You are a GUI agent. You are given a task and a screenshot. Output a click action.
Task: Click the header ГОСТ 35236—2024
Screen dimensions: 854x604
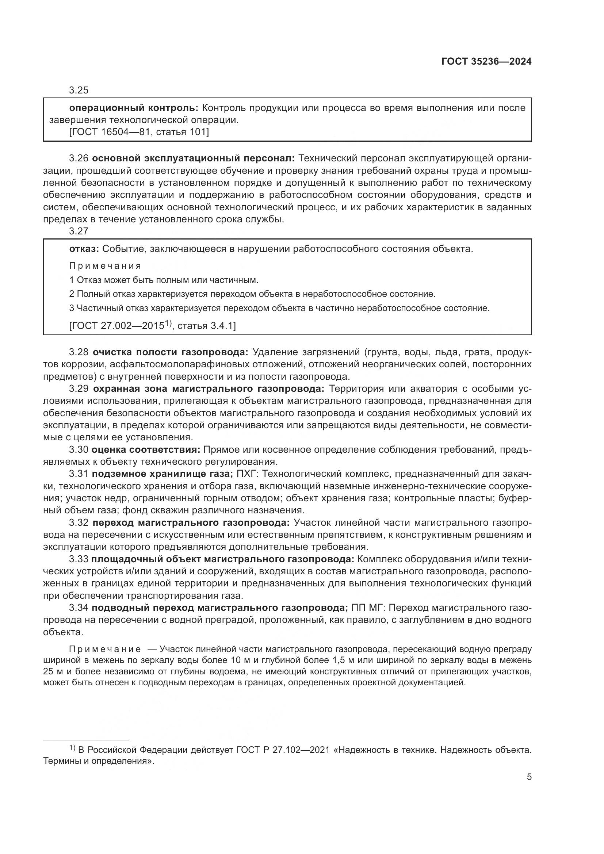[486, 62]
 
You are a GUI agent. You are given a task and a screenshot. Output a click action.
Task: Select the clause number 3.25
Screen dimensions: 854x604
[79, 91]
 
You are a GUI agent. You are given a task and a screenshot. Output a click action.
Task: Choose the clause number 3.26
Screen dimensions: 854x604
[79, 159]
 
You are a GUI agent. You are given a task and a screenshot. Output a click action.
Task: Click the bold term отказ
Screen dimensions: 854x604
[84, 249]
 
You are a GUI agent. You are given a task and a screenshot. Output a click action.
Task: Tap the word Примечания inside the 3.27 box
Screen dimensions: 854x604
[105, 266]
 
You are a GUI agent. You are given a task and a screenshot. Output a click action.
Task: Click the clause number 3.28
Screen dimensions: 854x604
[79, 352]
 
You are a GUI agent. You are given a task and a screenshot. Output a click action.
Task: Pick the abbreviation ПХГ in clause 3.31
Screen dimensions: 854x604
[247, 474]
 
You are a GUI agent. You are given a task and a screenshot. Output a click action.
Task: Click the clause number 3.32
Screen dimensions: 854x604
[79, 522]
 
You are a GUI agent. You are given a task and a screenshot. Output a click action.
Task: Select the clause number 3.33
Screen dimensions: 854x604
[79, 559]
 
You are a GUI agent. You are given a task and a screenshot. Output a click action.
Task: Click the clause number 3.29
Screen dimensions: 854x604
[79, 389]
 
